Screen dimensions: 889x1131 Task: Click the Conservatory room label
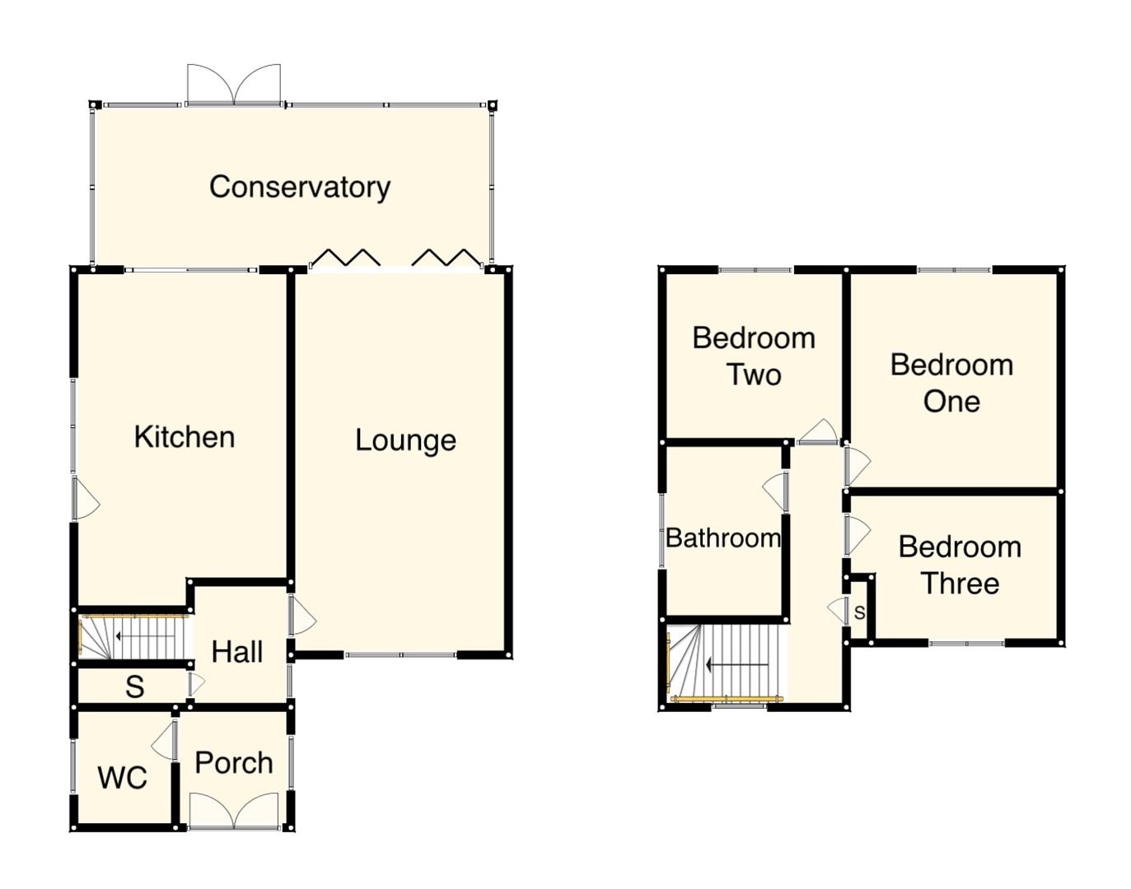pyautogui.click(x=299, y=187)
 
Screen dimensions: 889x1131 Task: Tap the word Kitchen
pyautogui.click(x=184, y=437)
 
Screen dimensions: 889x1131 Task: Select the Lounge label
pyautogui.click(x=405, y=440)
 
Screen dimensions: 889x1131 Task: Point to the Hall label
pyautogui.click(x=236, y=652)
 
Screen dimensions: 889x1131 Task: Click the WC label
pyautogui.click(x=122, y=777)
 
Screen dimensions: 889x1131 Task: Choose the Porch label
pyautogui.click(x=234, y=763)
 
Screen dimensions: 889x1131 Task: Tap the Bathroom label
pyautogui.click(x=722, y=538)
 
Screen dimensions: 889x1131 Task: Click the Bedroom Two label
pyautogui.click(x=753, y=356)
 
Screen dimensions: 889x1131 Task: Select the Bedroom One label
pyautogui.click(x=951, y=383)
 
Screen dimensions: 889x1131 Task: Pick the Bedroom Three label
pyautogui.click(x=960, y=565)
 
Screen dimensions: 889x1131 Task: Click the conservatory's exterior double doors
pyautogui.click(x=234, y=85)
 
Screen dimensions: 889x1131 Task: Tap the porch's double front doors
pyautogui.click(x=234, y=811)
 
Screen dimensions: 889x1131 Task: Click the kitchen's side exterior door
pyautogui.click(x=85, y=499)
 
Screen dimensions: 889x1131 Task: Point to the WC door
pyautogui.click(x=166, y=741)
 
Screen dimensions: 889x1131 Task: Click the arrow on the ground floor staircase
pyautogui.click(x=145, y=636)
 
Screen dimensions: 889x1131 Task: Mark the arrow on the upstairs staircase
pyautogui.click(x=737, y=665)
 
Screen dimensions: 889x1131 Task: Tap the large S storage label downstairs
pyautogui.click(x=134, y=687)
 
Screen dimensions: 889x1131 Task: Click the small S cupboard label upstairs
pyautogui.click(x=859, y=613)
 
